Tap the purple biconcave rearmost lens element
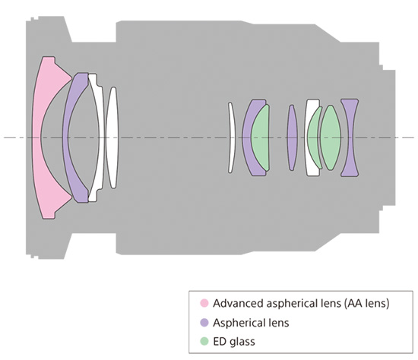click(350, 137)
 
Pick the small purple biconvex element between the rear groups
click(292, 137)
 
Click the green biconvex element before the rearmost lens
click(331, 137)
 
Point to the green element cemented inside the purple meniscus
click(260, 137)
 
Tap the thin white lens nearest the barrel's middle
click(232, 137)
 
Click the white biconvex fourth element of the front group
click(112, 137)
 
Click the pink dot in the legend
click(204, 303)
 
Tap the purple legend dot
click(204, 323)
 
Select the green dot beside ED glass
click(204, 341)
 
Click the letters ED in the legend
click(219, 341)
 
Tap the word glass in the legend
click(241, 342)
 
